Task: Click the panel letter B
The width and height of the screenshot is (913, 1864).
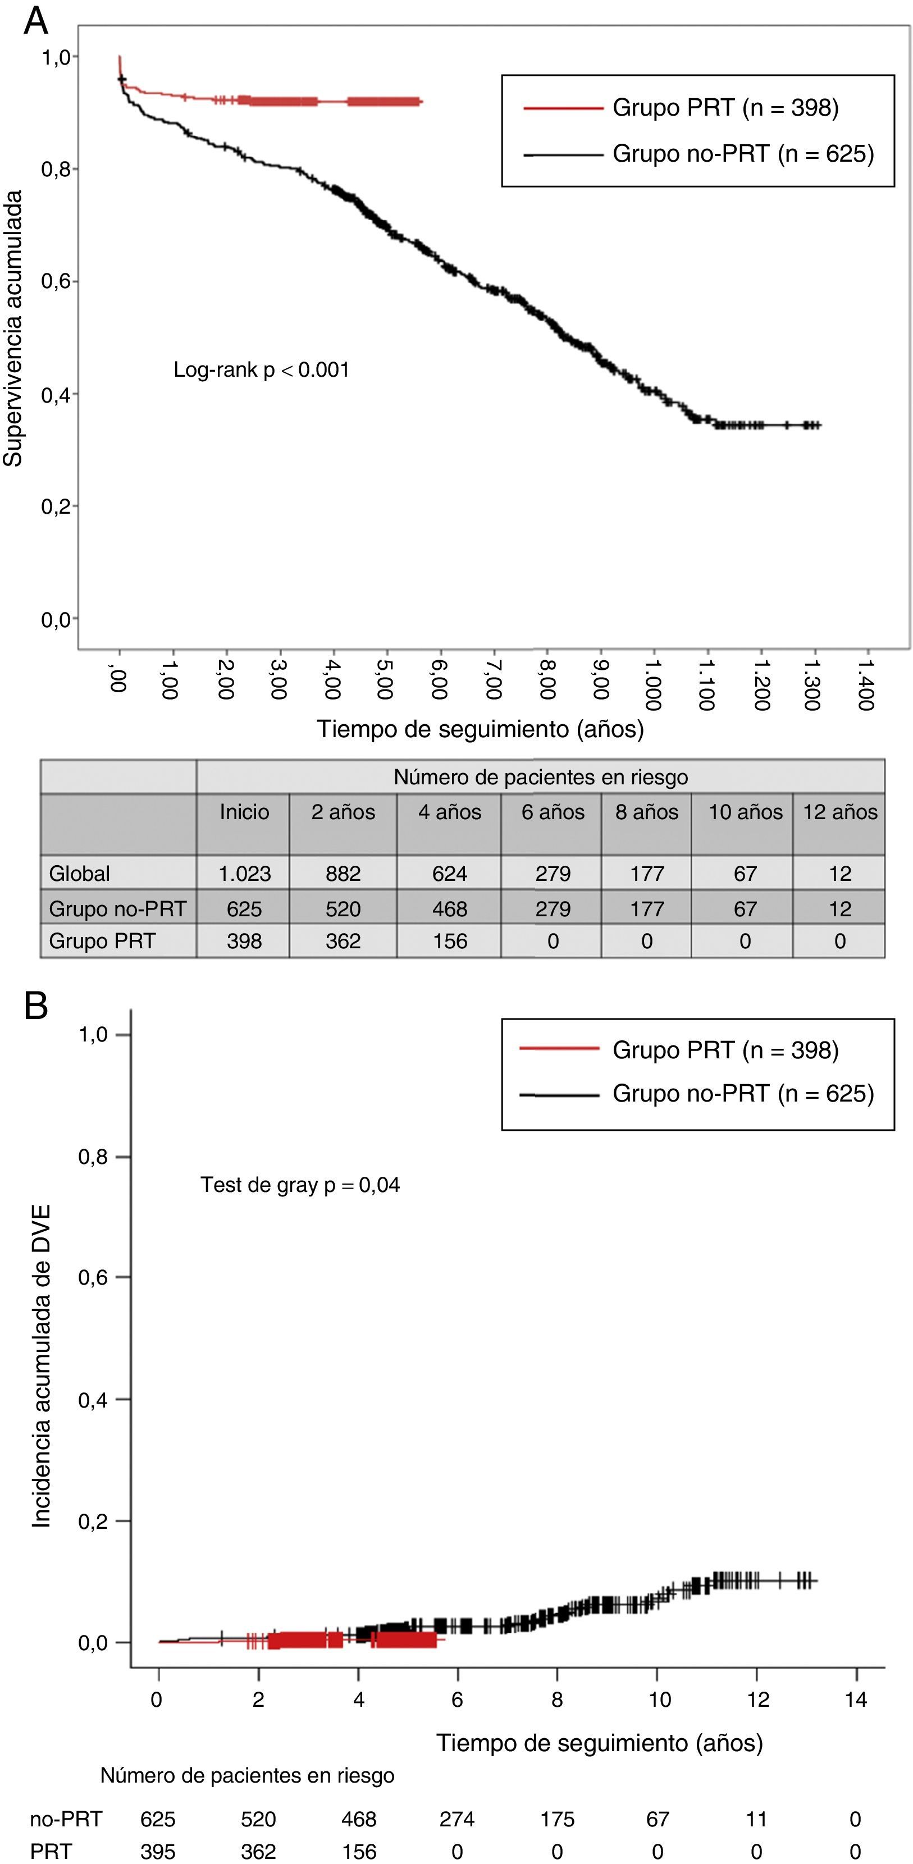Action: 35,1005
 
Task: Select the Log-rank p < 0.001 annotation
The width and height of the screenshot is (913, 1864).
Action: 261,370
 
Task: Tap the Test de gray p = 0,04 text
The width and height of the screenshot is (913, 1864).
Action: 299,1185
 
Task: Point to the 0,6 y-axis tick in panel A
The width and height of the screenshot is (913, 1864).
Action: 56,281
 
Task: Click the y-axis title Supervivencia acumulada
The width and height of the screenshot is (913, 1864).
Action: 13,328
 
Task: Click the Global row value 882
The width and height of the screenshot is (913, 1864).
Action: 343,874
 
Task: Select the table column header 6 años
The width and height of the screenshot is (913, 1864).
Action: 553,812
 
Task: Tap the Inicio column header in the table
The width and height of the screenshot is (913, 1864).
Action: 244,812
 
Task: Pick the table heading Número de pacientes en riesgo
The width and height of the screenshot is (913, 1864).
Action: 540,777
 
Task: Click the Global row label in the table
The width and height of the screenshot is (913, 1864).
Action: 80,874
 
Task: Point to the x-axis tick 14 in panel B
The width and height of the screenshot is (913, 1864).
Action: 856,1699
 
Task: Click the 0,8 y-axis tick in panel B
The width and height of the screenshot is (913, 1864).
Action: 93,1157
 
